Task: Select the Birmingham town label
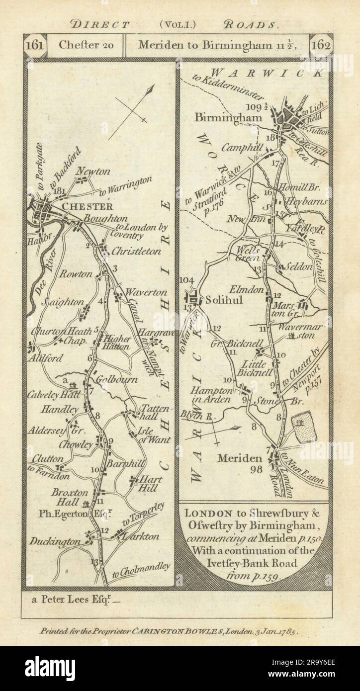point(221,118)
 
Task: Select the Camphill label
point(241,148)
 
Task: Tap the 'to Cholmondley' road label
point(141,570)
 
